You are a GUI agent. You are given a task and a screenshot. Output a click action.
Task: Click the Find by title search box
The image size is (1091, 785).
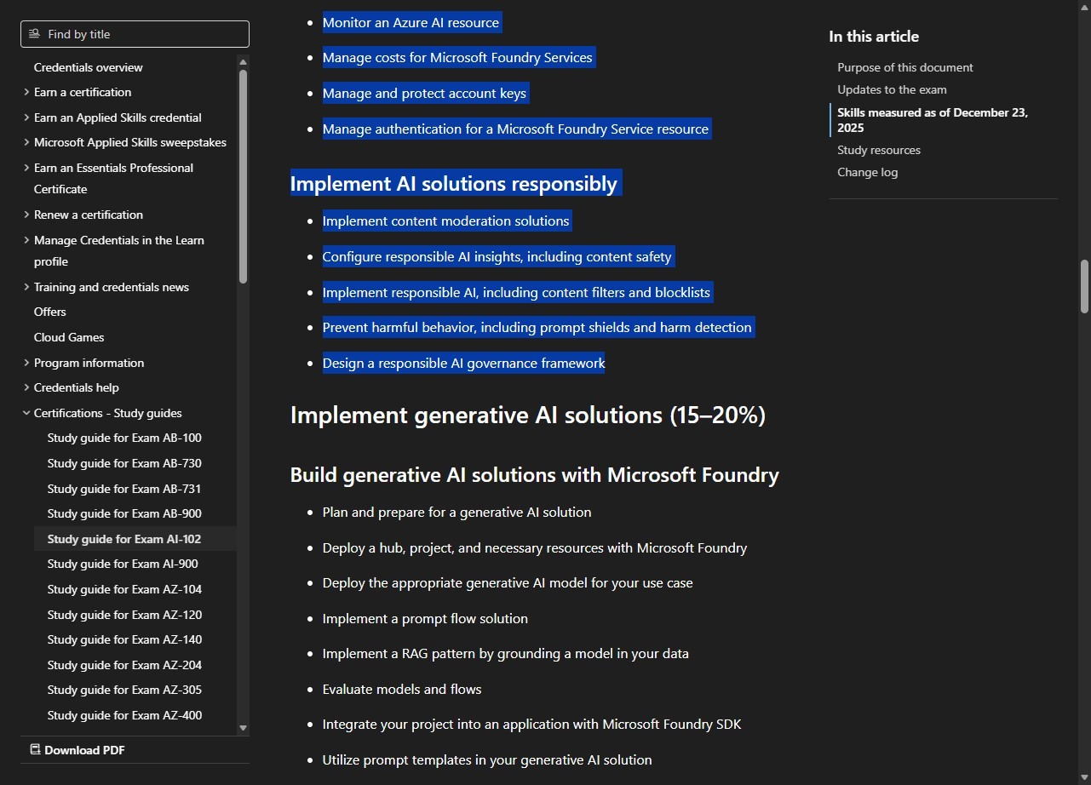click(135, 34)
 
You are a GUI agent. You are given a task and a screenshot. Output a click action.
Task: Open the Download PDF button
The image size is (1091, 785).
click(78, 750)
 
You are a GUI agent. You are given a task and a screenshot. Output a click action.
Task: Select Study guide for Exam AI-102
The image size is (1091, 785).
click(124, 539)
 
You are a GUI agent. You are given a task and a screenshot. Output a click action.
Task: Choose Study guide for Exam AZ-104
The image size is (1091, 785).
click(124, 589)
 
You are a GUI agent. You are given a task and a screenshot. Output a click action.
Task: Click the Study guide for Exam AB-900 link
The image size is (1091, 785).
click(124, 513)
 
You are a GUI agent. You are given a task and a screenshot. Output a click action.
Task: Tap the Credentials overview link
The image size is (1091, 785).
click(89, 67)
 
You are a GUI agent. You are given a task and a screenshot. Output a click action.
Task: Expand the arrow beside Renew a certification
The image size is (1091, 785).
click(26, 215)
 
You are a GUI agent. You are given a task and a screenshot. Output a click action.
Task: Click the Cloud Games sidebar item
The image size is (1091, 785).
click(69, 337)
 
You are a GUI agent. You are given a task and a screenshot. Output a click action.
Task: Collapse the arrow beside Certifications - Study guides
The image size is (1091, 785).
click(26, 413)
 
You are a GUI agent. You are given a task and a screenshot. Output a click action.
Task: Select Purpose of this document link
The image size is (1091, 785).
click(904, 67)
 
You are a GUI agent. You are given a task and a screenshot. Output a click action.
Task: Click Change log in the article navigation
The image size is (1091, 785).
click(867, 172)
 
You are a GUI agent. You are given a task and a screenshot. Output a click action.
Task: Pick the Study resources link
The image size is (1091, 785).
click(878, 150)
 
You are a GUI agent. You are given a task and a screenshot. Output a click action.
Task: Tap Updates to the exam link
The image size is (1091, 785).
click(892, 89)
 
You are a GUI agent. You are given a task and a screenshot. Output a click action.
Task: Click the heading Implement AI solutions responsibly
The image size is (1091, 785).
click(453, 184)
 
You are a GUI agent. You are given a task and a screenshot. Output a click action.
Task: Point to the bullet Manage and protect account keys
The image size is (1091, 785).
click(424, 94)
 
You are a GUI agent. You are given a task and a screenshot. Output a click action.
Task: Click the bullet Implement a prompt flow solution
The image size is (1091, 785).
click(425, 619)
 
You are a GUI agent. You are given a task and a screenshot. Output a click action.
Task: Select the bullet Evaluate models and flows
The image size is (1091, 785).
click(402, 689)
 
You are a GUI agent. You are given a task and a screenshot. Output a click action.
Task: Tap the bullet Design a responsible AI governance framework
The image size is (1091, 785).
click(463, 364)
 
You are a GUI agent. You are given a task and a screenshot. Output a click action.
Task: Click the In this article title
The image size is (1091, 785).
click(873, 37)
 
